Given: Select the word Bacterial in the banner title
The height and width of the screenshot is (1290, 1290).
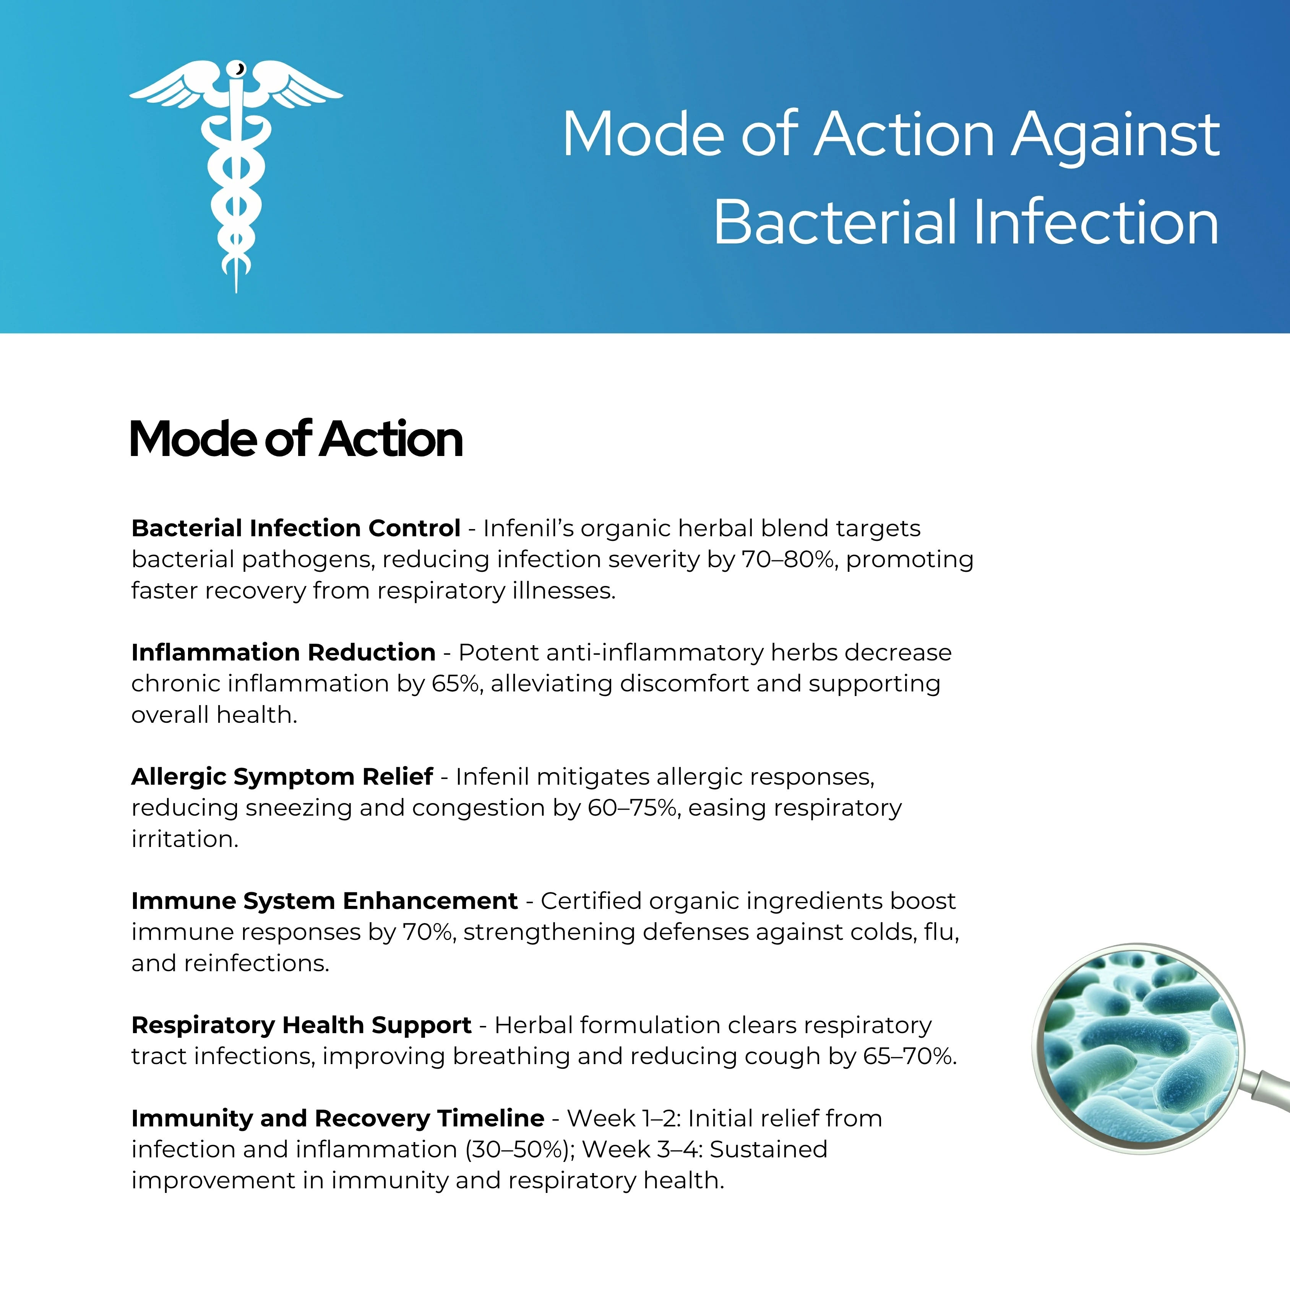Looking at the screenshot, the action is click(835, 222).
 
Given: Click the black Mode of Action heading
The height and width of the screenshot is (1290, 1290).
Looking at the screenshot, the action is click(296, 439).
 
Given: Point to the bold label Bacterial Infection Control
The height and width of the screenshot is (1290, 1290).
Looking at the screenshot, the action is click(296, 528).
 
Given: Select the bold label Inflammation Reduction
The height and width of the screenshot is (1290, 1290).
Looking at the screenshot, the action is click(284, 652).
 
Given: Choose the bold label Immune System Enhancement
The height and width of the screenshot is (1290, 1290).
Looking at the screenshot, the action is click(325, 901).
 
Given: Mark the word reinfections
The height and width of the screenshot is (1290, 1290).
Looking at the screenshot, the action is click(256, 964).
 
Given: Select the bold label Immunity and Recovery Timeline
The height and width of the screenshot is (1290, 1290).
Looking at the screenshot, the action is click(338, 1118).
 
